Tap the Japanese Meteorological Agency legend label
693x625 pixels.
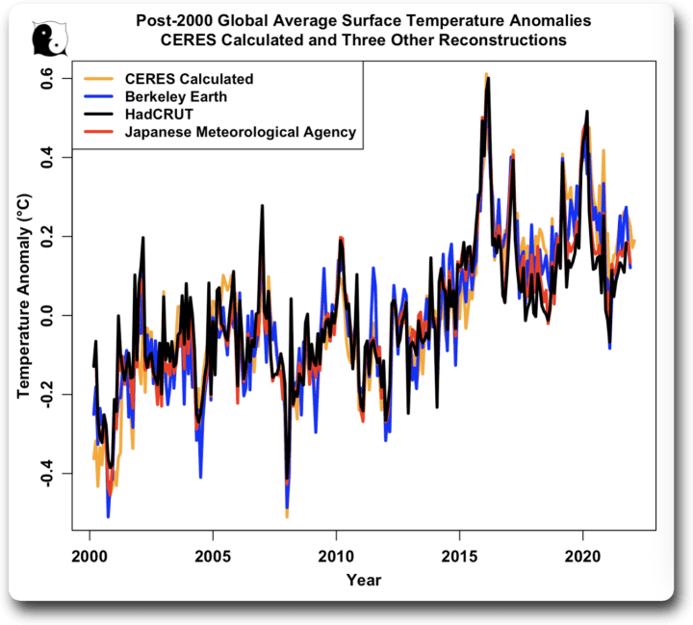[241, 132]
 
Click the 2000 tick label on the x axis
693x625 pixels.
[89, 557]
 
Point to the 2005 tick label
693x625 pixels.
[212, 557]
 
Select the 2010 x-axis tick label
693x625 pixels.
[336, 557]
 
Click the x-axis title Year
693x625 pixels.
[365, 580]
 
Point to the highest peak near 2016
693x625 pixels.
[487, 74]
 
